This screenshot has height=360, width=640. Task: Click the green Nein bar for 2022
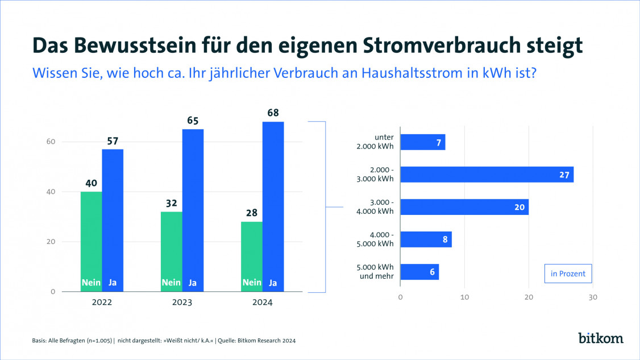(x=91, y=242)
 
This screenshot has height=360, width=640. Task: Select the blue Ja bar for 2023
(x=193, y=210)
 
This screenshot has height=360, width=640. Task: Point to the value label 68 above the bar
(x=273, y=113)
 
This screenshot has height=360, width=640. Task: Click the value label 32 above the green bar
(x=171, y=203)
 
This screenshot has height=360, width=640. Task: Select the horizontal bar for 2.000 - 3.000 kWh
(x=487, y=175)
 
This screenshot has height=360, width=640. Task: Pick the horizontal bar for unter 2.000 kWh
(x=423, y=142)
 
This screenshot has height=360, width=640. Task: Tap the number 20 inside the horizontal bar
(x=519, y=208)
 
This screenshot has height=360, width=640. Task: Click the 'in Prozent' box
(x=568, y=274)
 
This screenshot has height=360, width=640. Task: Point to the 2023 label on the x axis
(x=182, y=303)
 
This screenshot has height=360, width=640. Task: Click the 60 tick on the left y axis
(x=51, y=142)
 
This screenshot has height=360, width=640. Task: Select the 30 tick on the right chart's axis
(x=593, y=297)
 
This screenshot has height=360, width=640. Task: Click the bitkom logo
(x=600, y=338)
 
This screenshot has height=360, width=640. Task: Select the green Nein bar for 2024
(x=252, y=256)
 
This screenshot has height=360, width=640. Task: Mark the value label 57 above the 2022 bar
(x=113, y=140)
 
